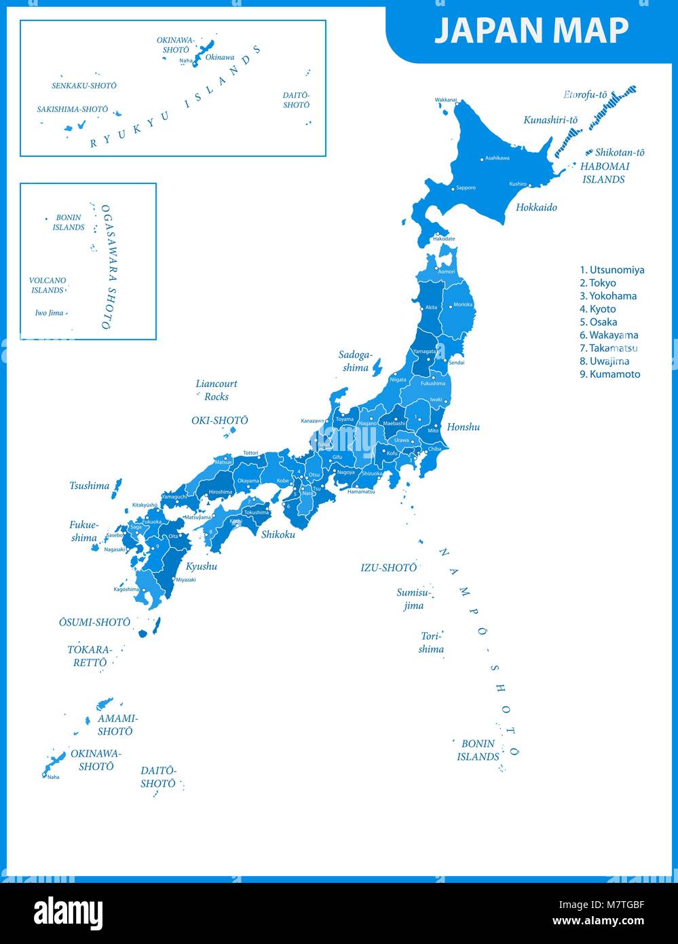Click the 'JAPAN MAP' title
pyautogui.click(x=531, y=31)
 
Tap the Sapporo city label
pyautogui.click(x=466, y=187)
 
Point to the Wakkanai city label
pyautogui.click(x=446, y=100)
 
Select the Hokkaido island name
pyautogui.click(x=536, y=207)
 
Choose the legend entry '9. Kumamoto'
pyautogui.click(x=609, y=374)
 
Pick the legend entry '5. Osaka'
pyautogui.click(x=598, y=322)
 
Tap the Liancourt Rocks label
pyautogui.click(x=216, y=390)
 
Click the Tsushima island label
pyautogui.click(x=89, y=486)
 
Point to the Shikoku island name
pyautogui.click(x=278, y=534)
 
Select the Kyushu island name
pyautogui.click(x=202, y=566)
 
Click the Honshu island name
pyautogui.click(x=463, y=427)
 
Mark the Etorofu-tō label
pyautogui.click(x=585, y=95)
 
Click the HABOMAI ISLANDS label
pyautogui.click(x=604, y=173)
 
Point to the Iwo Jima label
pyautogui.click(x=49, y=313)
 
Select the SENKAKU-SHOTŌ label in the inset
pyautogui.click(x=84, y=86)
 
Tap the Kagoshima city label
pyautogui.click(x=126, y=589)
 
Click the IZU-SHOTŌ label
pyautogui.click(x=388, y=568)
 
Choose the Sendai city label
pyautogui.click(x=457, y=363)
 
